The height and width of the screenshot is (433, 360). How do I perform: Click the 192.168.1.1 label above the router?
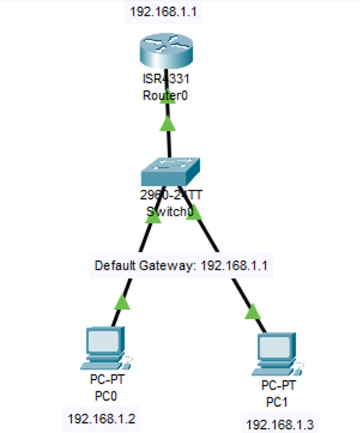pos(164,12)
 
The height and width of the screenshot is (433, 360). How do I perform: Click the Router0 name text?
pos(165,95)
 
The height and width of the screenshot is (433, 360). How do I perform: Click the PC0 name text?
pos(105,396)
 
